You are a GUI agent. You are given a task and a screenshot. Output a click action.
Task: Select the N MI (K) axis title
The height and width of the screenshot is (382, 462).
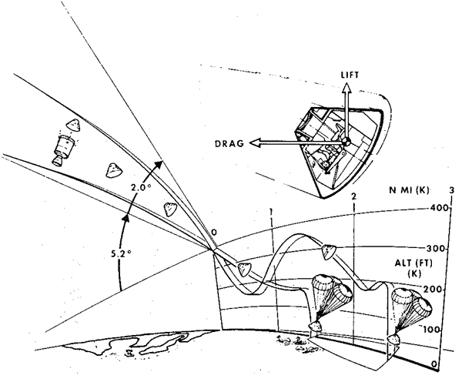[x=410, y=192]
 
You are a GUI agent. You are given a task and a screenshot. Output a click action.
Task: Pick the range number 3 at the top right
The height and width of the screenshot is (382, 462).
[x=451, y=190]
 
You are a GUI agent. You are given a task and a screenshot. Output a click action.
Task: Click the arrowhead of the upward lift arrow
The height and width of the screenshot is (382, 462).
[x=346, y=89]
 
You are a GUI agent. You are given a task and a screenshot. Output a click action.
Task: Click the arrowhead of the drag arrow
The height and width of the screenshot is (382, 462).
[x=256, y=142]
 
